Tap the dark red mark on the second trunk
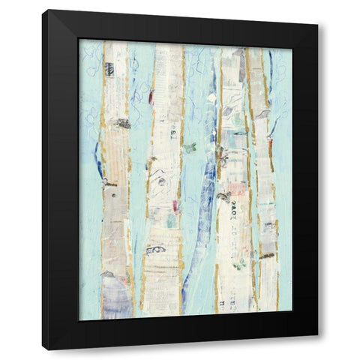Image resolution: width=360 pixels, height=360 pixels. [x=151, y=95]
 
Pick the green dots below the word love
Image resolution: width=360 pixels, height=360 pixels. [x=238, y=263]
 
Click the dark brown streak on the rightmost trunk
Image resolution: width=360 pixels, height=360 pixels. [x=266, y=255]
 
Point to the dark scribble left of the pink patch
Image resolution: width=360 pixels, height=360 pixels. [x=222, y=196]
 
